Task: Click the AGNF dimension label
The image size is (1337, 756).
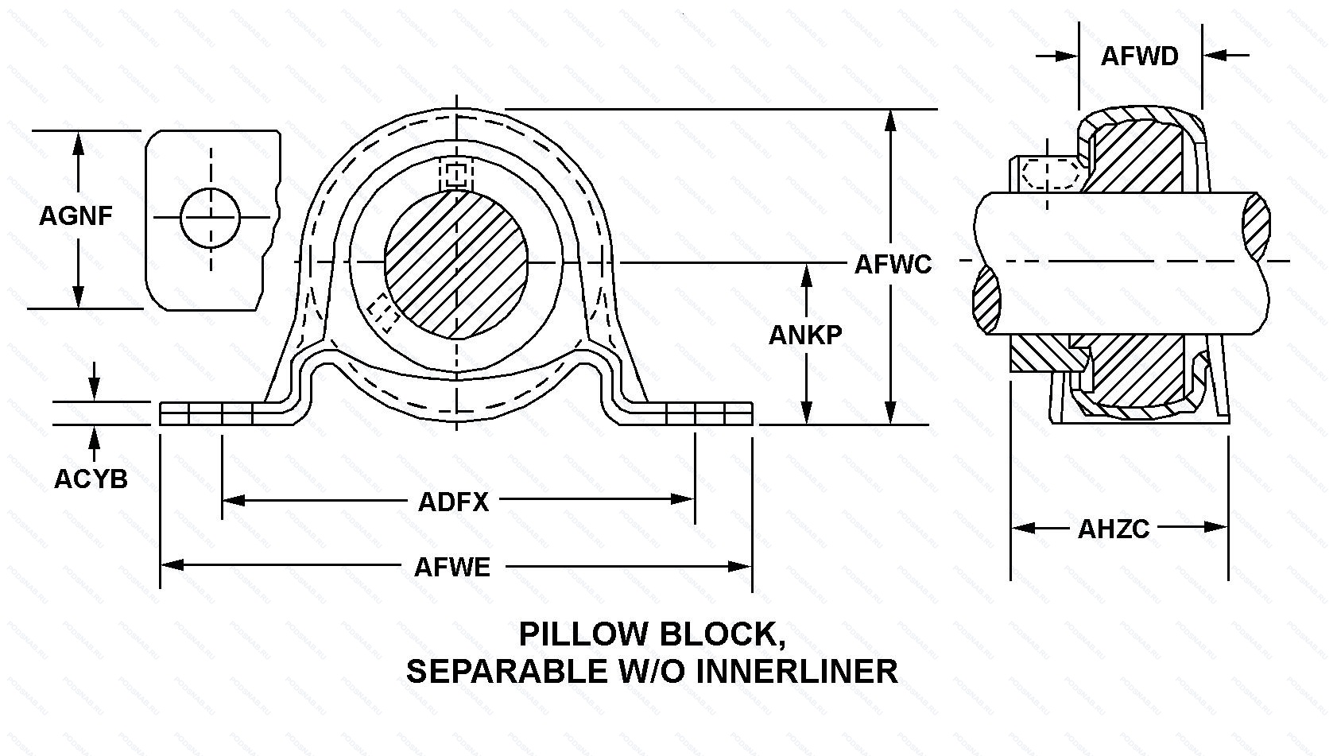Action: [76, 215]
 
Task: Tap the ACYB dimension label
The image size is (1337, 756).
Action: [91, 479]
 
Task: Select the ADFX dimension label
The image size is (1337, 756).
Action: [453, 502]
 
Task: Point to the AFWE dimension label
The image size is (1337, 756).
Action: [452, 567]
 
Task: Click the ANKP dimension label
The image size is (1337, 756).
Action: [804, 335]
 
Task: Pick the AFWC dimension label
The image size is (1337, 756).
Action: [893, 264]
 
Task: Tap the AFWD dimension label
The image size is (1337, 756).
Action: [1139, 56]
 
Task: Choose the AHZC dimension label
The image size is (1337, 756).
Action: [1114, 529]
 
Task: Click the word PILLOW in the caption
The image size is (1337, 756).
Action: [580, 634]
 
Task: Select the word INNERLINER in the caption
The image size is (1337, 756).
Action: [797, 672]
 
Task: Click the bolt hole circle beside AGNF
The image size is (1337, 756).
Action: [211, 217]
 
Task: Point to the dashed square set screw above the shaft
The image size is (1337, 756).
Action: [455, 175]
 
